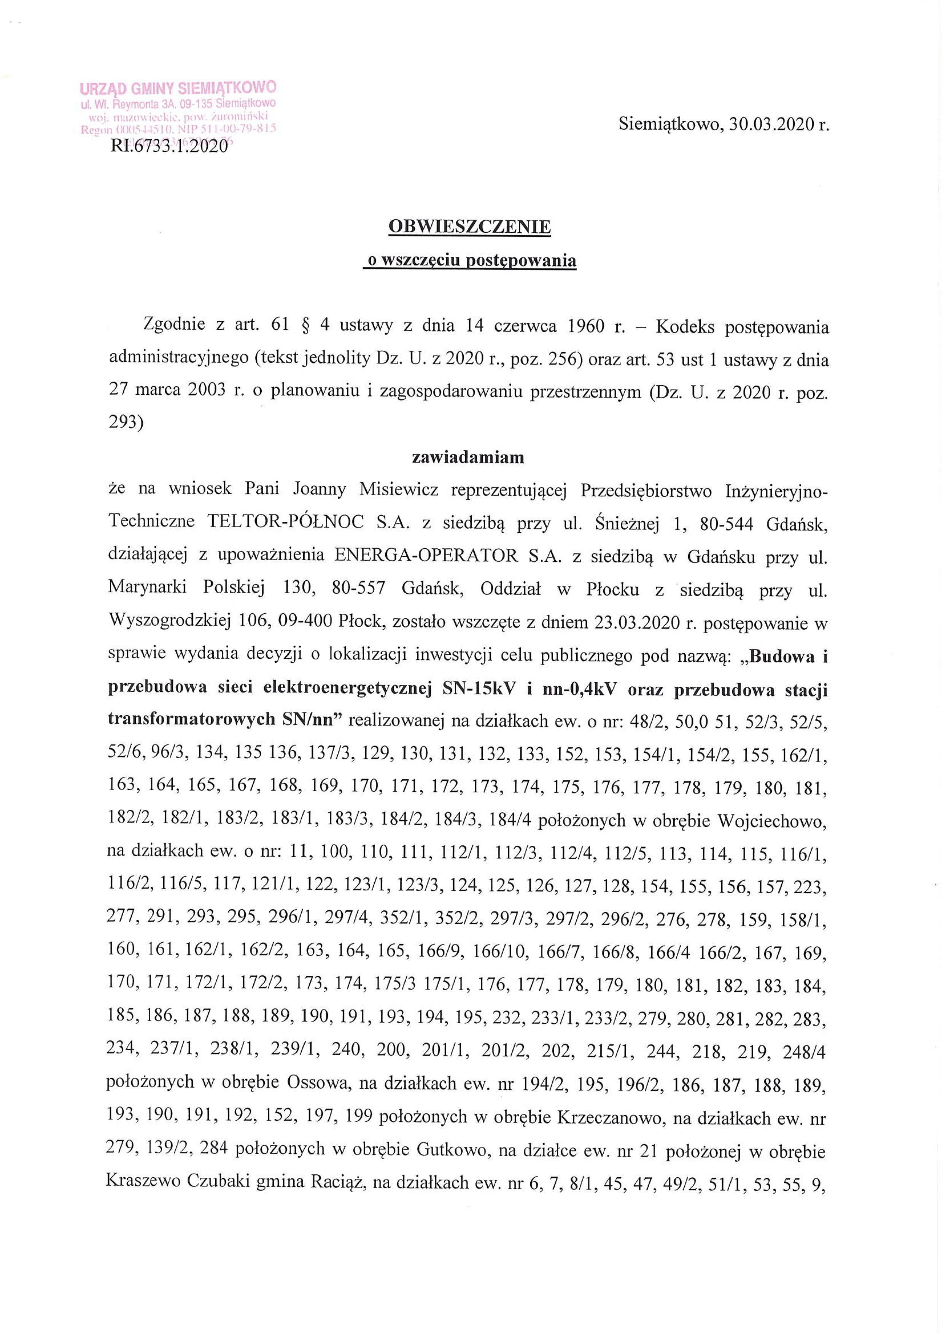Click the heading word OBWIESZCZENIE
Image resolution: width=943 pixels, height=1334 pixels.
click(469, 227)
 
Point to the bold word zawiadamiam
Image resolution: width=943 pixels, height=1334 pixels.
click(468, 458)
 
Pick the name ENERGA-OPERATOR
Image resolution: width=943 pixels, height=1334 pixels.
click(425, 556)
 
